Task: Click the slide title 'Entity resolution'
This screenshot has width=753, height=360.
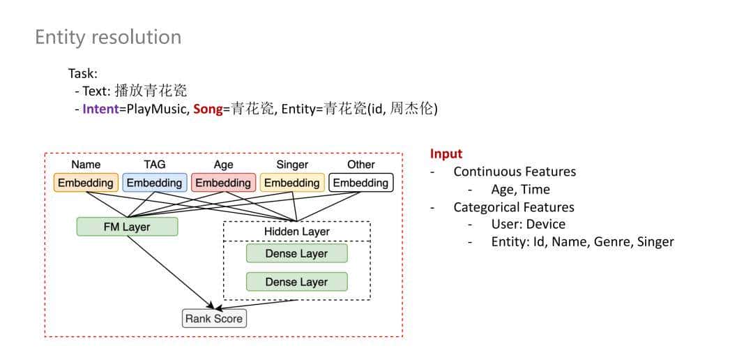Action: click(x=108, y=37)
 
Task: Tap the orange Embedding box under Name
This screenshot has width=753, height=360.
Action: click(x=86, y=183)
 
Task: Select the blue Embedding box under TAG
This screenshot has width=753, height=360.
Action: click(x=155, y=183)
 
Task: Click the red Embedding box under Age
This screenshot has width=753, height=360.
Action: click(x=223, y=183)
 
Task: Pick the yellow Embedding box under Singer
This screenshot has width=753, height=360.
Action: click(x=292, y=183)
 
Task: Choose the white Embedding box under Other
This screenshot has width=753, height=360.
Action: click(x=360, y=183)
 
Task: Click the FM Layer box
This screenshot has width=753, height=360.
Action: click(x=127, y=227)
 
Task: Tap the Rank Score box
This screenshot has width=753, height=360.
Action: click(x=213, y=319)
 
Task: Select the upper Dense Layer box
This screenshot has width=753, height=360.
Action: click(x=296, y=254)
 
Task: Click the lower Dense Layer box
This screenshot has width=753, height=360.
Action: click(x=296, y=282)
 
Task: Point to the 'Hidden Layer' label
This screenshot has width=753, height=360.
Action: click(x=296, y=232)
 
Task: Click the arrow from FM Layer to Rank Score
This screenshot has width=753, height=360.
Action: click(x=171, y=272)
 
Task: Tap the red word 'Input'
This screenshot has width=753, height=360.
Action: click(x=446, y=153)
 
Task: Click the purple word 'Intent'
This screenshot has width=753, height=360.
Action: click(x=100, y=109)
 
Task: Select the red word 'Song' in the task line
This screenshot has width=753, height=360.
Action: click(x=207, y=109)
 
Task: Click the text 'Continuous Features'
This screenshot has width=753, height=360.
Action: click(x=515, y=172)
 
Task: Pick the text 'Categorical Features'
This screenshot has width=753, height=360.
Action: click(x=514, y=207)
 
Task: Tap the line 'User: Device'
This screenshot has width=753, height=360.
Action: click(x=528, y=224)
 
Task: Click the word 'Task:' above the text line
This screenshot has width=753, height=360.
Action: click(x=83, y=73)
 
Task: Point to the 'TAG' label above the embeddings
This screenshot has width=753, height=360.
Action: click(x=155, y=165)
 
